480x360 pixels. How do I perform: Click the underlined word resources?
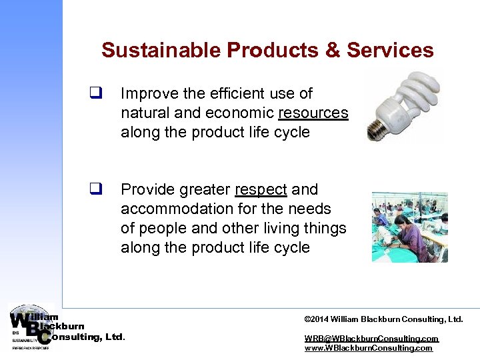point(313,113)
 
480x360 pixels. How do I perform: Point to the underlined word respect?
point(261,190)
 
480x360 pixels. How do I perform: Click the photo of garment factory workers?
point(409,227)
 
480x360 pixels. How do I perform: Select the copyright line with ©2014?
point(383,320)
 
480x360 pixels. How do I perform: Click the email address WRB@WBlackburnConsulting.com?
point(371,339)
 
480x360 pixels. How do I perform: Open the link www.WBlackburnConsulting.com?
point(368,348)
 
